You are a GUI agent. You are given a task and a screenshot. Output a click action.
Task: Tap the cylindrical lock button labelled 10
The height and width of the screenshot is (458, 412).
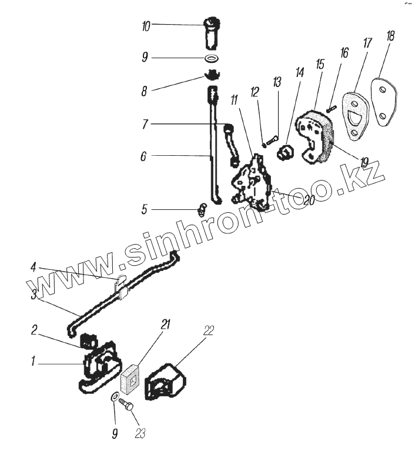point(212,34)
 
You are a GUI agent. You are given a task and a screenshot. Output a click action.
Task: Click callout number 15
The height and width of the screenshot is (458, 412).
point(320,63)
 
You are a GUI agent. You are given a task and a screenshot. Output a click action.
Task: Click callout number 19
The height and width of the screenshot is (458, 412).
point(364,162)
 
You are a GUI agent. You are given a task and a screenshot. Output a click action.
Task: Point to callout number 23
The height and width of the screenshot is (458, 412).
point(139,434)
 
